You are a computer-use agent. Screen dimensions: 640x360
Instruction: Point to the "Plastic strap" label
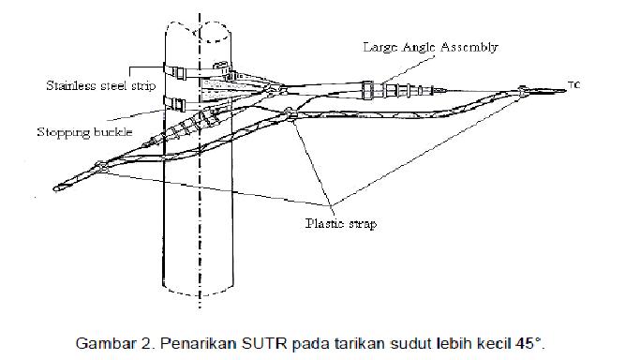coord(341,224)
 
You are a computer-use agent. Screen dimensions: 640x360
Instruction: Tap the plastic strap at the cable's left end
coord(98,170)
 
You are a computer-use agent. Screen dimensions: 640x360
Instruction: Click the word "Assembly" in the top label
coord(473,46)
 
